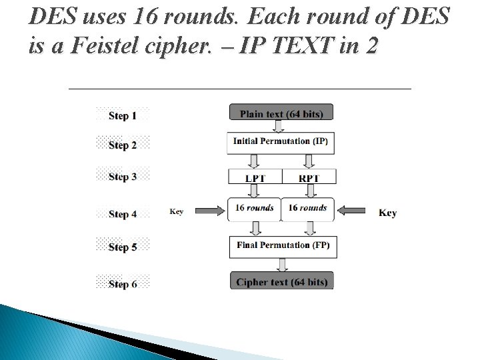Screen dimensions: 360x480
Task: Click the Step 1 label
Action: [123, 115]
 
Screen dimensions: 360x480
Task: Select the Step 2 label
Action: [123, 145]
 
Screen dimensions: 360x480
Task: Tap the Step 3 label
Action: [123, 177]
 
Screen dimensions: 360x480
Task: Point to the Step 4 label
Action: [123, 214]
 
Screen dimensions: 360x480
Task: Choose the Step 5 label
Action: [123, 247]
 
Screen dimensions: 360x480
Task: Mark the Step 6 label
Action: [123, 284]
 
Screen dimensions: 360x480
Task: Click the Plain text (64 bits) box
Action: [281, 113]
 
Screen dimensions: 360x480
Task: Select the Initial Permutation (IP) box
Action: [281, 142]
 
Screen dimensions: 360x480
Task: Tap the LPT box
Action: [255, 177]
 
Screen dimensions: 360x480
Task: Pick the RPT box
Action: [309, 177]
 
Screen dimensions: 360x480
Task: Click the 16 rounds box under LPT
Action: [254, 209]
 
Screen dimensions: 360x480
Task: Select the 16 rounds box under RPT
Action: [307, 209]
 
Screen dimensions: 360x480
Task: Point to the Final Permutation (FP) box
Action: [282, 245]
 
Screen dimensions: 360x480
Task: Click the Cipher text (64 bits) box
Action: [281, 281]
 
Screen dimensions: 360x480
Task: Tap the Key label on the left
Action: [177, 211]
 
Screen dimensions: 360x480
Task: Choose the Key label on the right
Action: [387, 213]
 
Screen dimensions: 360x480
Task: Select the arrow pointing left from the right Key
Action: [351, 211]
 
